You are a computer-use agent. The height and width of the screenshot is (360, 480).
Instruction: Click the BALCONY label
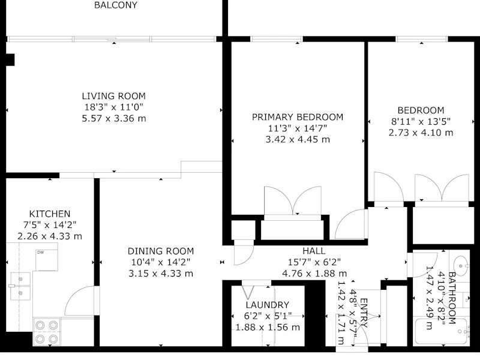[116, 5]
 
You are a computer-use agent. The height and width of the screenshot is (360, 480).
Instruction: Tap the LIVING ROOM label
[114, 96]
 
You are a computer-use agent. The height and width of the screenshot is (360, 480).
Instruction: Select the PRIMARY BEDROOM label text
[298, 117]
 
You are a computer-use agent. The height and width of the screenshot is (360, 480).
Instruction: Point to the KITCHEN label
[50, 214]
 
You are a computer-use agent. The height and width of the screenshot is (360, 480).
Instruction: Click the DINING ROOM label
[161, 251]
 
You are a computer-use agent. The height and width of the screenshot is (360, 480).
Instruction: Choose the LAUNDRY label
[268, 305]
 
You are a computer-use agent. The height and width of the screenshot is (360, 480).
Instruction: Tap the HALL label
[314, 251]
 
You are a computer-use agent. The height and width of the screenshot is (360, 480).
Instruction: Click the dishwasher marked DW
[47, 260]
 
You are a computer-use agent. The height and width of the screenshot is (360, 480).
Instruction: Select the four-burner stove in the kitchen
[47, 332]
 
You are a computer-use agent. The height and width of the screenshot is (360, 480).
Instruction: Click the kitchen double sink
[20, 286]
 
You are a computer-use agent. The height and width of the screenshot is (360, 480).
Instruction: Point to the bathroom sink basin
[460, 263]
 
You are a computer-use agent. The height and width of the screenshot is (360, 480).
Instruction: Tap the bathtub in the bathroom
[442, 332]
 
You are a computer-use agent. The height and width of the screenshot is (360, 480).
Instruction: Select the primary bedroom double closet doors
[293, 200]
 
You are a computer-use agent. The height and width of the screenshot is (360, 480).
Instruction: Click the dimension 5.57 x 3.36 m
[114, 118]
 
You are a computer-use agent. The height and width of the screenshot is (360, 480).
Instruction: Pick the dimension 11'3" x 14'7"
[298, 128]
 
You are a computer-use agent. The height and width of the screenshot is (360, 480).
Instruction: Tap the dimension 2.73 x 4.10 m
[421, 133]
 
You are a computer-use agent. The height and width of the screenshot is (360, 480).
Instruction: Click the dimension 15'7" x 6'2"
[314, 262]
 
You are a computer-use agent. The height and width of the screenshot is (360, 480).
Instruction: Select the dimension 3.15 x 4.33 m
[161, 274]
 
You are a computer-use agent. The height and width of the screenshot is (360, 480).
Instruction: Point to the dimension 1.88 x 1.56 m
[268, 327]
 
